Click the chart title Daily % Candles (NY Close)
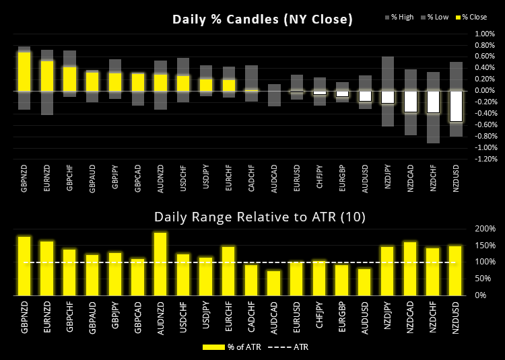(x=263, y=20)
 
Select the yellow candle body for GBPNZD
(x=24, y=71)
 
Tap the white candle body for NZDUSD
(x=457, y=106)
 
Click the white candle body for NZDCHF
(x=433, y=101)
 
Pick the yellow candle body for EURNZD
(x=47, y=75)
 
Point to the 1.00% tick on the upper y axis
(x=484, y=34)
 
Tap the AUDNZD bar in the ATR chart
(x=160, y=264)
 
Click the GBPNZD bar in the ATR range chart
(x=24, y=266)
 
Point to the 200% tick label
(x=485, y=229)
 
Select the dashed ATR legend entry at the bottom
(x=286, y=347)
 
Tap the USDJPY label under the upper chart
(x=207, y=181)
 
